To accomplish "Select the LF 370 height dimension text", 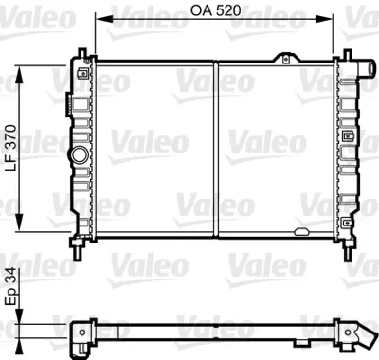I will click(10, 148).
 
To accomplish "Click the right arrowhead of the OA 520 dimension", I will click(332, 17).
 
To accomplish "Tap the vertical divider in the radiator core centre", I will click(217, 149).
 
